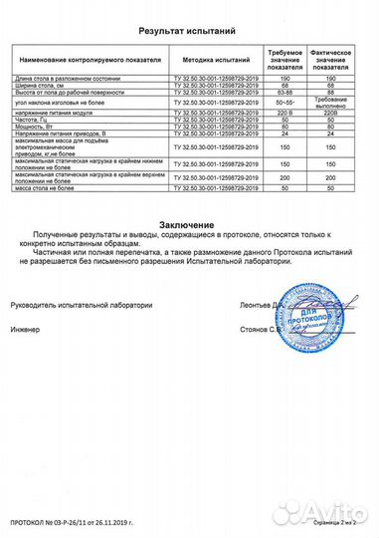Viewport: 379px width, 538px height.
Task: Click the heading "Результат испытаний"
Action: click(189, 31)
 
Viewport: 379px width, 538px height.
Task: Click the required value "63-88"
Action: click(285, 93)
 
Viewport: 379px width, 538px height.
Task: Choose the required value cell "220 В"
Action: click(285, 113)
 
